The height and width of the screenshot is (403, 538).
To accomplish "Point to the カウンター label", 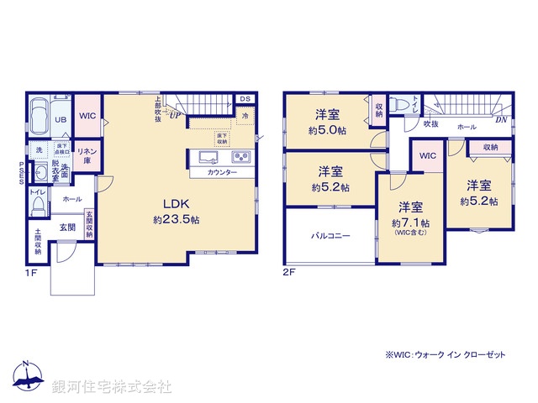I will tap(221, 172).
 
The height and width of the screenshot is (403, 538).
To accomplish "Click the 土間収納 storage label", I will tap(39, 243).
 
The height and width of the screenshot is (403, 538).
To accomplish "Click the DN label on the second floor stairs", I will tap(500, 120).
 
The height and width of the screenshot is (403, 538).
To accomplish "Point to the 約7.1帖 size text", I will tap(411, 223).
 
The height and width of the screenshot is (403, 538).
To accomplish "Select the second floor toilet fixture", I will tap(402, 104).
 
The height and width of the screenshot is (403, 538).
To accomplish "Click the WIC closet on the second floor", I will tap(427, 156).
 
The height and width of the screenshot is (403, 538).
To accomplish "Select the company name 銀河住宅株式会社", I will tap(111, 387).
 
